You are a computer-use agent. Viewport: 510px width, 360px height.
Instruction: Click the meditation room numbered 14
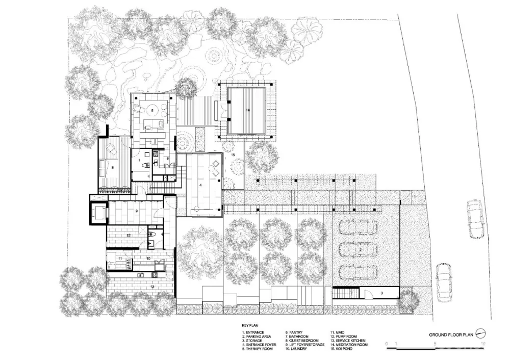point(247,110)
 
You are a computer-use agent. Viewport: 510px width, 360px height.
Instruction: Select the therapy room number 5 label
point(151,109)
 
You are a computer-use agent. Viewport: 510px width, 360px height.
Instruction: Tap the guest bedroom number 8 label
point(113,166)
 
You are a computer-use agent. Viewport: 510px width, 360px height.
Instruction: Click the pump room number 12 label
point(129,235)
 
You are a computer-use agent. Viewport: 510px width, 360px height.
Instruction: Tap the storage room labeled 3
point(381,293)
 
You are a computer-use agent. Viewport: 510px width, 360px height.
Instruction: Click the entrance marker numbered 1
point(415,196)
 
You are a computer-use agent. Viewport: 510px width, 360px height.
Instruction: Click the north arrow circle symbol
point(480,334)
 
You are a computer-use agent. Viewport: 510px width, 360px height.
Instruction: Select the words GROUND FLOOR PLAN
point(451,335)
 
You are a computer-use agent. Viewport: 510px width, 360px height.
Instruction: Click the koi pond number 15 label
point(233,154)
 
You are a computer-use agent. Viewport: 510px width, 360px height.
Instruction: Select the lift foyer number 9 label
point(136,211)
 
